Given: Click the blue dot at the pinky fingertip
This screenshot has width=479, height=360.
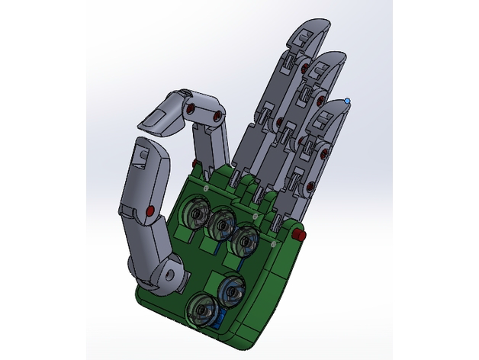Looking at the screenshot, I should point(348,100).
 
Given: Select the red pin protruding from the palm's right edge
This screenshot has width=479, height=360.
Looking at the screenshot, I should point(301,234).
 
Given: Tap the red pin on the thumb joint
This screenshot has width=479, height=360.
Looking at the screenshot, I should point(150,210).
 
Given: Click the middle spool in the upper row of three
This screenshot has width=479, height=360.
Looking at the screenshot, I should point(222,223).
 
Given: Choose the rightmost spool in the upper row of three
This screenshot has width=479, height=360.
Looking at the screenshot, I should point(246,239).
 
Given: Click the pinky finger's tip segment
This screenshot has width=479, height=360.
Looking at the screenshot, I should point(333,114).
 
